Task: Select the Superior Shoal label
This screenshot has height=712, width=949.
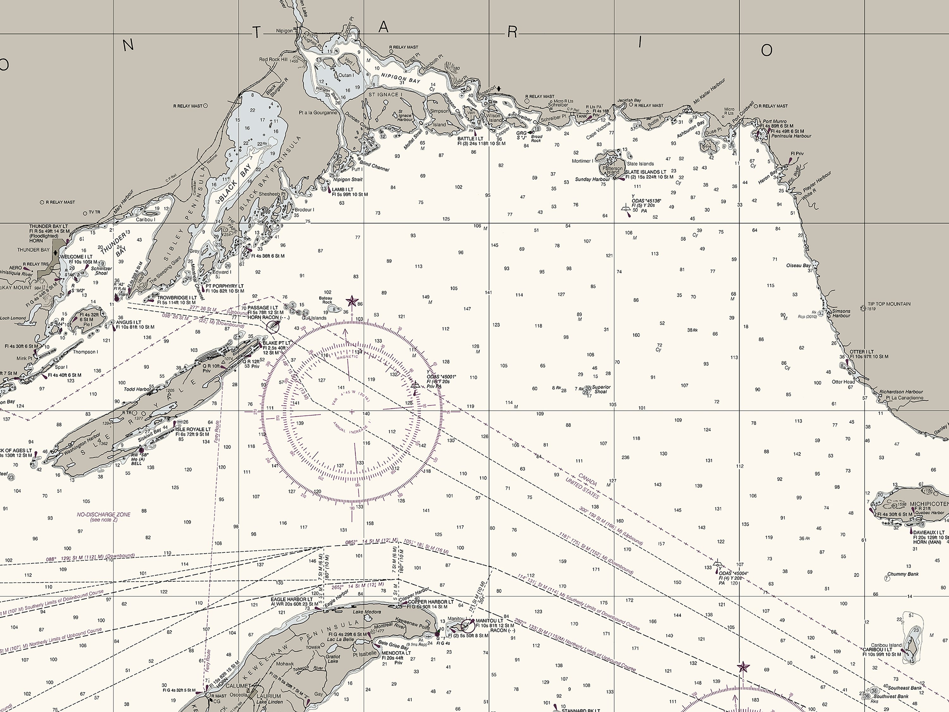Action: point(601,389)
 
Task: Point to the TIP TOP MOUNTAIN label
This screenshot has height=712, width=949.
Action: point(889,304)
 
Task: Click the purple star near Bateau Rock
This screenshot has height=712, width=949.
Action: point(352,301)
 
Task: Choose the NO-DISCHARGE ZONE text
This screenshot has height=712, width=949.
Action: point(104,514)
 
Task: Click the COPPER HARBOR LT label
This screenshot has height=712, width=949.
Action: point(431,602)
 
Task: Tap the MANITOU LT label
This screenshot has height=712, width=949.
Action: point(489,621)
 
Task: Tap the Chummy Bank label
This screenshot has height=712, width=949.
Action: point(903,574)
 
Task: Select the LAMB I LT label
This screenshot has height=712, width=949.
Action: point(342,189)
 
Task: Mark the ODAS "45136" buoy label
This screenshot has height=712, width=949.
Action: point(647,201)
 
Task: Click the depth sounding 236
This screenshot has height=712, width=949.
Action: point(625,457)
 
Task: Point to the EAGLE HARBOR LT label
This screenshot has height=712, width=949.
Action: point(292,599)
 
